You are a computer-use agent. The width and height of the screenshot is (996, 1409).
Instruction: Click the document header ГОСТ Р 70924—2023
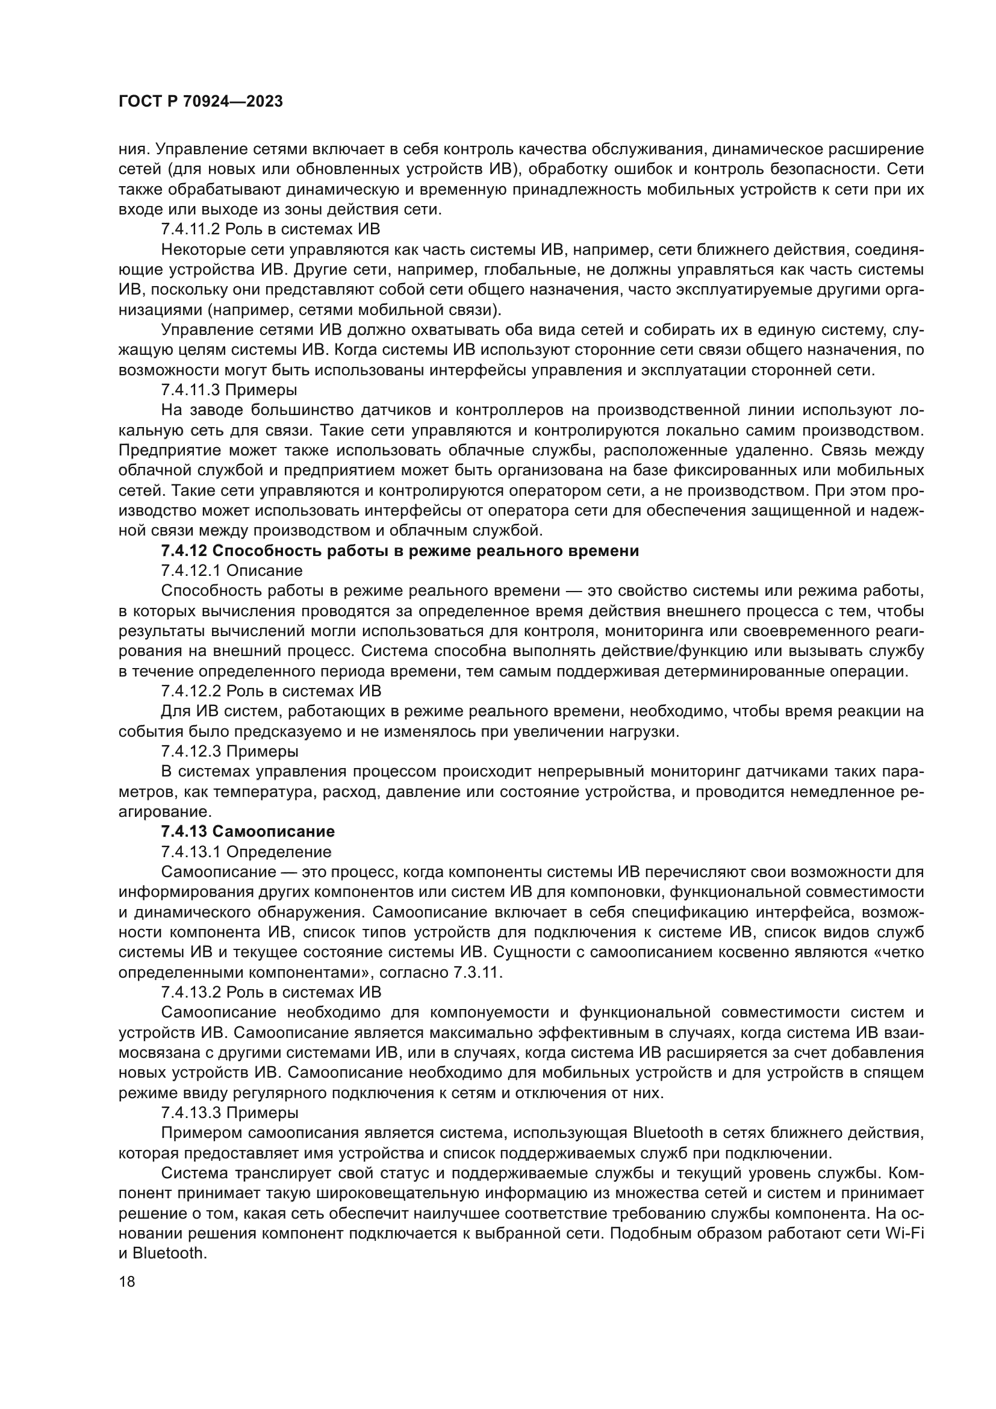[201, 101]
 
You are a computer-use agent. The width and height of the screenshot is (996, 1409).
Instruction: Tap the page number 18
[127, 1281]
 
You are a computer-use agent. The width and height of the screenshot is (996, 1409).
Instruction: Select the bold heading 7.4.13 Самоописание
[247, 831]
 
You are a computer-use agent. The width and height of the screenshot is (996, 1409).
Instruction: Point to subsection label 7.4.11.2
[191, 229]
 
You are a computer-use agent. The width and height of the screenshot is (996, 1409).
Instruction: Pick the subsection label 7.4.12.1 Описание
[232, 570]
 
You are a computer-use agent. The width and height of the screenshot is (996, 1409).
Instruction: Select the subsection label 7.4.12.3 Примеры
[230, 751]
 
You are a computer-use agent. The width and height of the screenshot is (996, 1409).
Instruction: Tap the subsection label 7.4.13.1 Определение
[246, 852]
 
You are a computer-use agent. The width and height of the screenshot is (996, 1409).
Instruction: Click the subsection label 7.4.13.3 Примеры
[230, 1112]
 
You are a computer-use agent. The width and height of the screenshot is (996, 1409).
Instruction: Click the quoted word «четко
[897, 952]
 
